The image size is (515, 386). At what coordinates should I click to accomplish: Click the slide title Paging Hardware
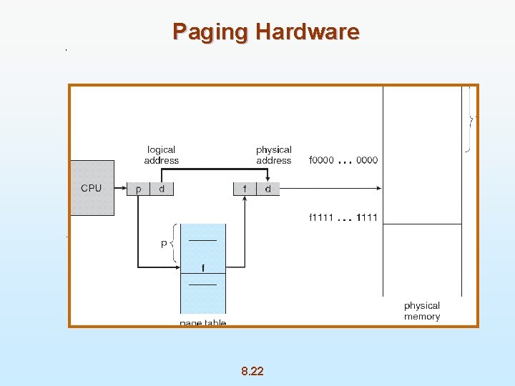[265, 32]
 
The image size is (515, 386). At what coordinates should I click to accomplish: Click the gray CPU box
[92, 188]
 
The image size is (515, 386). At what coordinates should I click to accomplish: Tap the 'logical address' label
[161, 154]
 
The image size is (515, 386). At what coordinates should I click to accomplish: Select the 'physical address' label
[273, 154]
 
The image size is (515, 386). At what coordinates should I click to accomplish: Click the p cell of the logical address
[137, 189]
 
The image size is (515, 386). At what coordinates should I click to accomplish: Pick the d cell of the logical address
[162, 189]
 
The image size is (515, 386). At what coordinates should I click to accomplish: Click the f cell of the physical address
[245, 189]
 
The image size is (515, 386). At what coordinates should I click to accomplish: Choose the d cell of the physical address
[268, 189]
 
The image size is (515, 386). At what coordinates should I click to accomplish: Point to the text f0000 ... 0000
[343, 160]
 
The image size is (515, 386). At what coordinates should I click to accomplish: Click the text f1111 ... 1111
[343, 217]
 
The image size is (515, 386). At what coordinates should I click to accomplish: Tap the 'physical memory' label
[421, 311]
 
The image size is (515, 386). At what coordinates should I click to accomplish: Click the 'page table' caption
[202, 323]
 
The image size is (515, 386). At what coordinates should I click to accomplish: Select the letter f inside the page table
[203, 268]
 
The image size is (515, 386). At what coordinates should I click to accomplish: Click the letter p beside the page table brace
[164, 243]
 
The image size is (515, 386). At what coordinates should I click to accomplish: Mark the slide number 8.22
[252, 370]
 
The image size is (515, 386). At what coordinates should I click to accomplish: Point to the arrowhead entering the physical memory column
[379, 189]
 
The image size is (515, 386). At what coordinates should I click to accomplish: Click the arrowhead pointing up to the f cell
[245, 199]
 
